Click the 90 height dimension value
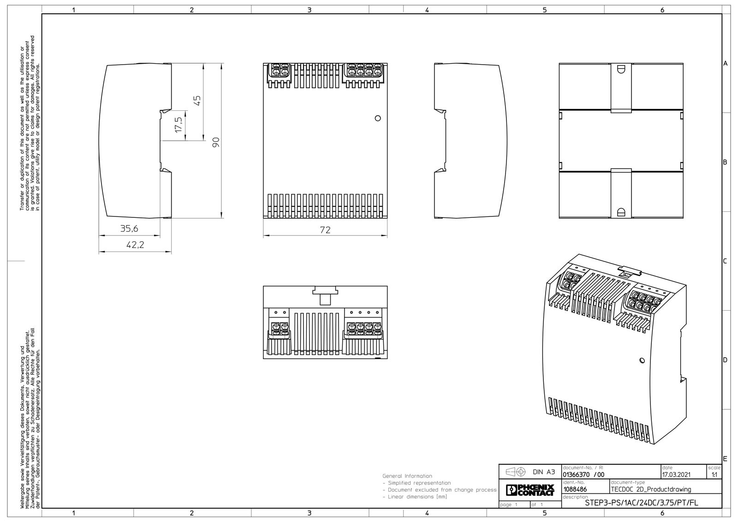coord(216,142)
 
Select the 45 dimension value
coord(197,100)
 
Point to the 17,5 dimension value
coord(179,124)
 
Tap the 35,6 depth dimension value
coord(129,228)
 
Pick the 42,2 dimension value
coord(136,245)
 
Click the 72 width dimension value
coord(325,230)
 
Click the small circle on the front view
coord(378,118)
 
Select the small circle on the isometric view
coord(642,360)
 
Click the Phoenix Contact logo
coord(530,490)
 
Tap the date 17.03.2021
coord(676,475)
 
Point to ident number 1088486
coord(575,490)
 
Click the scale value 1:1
coord(714,475)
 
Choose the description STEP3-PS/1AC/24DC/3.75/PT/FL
coord(641,503)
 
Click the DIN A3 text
coord(544,472)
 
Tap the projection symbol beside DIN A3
coord(515,472)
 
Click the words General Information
coord(407,476)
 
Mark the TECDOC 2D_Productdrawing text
coord(651,490)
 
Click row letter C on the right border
coord(725,261)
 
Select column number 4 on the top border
coord(427,10)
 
